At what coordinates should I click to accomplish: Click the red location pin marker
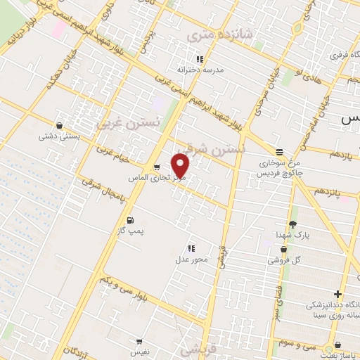pyautogui.click(x=181, y=167)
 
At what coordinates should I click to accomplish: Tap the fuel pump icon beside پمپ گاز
pyautogui.click(x=129, y=221)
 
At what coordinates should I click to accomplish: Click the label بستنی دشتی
pyautogui.click(x=59, y=136)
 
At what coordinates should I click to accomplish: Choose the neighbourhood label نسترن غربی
pyautogui.click(x=129, y=124)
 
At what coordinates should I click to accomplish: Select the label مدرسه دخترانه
pyautogui.click(x=200, y=70)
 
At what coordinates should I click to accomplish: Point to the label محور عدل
pyautogui.click(x=191, y=260)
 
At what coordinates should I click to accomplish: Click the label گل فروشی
pyautogui.click(x=283, y=260)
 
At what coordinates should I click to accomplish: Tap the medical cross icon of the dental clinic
pyautogui.click(x=339, y=294)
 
